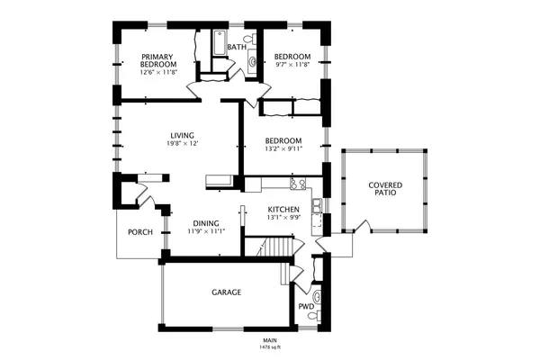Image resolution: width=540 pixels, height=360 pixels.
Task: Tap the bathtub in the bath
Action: point(218,41)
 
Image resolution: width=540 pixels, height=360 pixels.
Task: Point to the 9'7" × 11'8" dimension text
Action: point(292,65)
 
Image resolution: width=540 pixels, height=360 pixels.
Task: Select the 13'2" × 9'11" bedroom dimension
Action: point(283,149)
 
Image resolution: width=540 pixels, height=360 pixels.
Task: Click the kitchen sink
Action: point(317,208)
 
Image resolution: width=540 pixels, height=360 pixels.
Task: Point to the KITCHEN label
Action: point(283,209)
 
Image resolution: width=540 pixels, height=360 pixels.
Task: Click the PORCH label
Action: point(139,231)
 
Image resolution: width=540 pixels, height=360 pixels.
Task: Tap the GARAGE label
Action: point(226,292)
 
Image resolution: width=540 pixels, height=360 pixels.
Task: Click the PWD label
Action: point(306,306)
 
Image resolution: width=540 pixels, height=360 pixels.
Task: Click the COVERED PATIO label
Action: point(384,189)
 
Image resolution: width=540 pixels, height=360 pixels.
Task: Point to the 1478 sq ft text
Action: point(269,346)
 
